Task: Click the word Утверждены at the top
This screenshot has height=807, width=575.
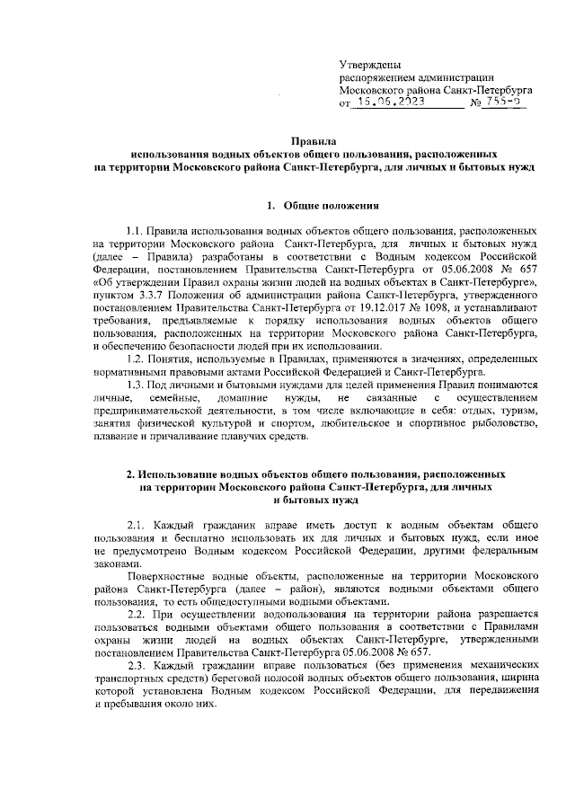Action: tap(370, 64)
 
